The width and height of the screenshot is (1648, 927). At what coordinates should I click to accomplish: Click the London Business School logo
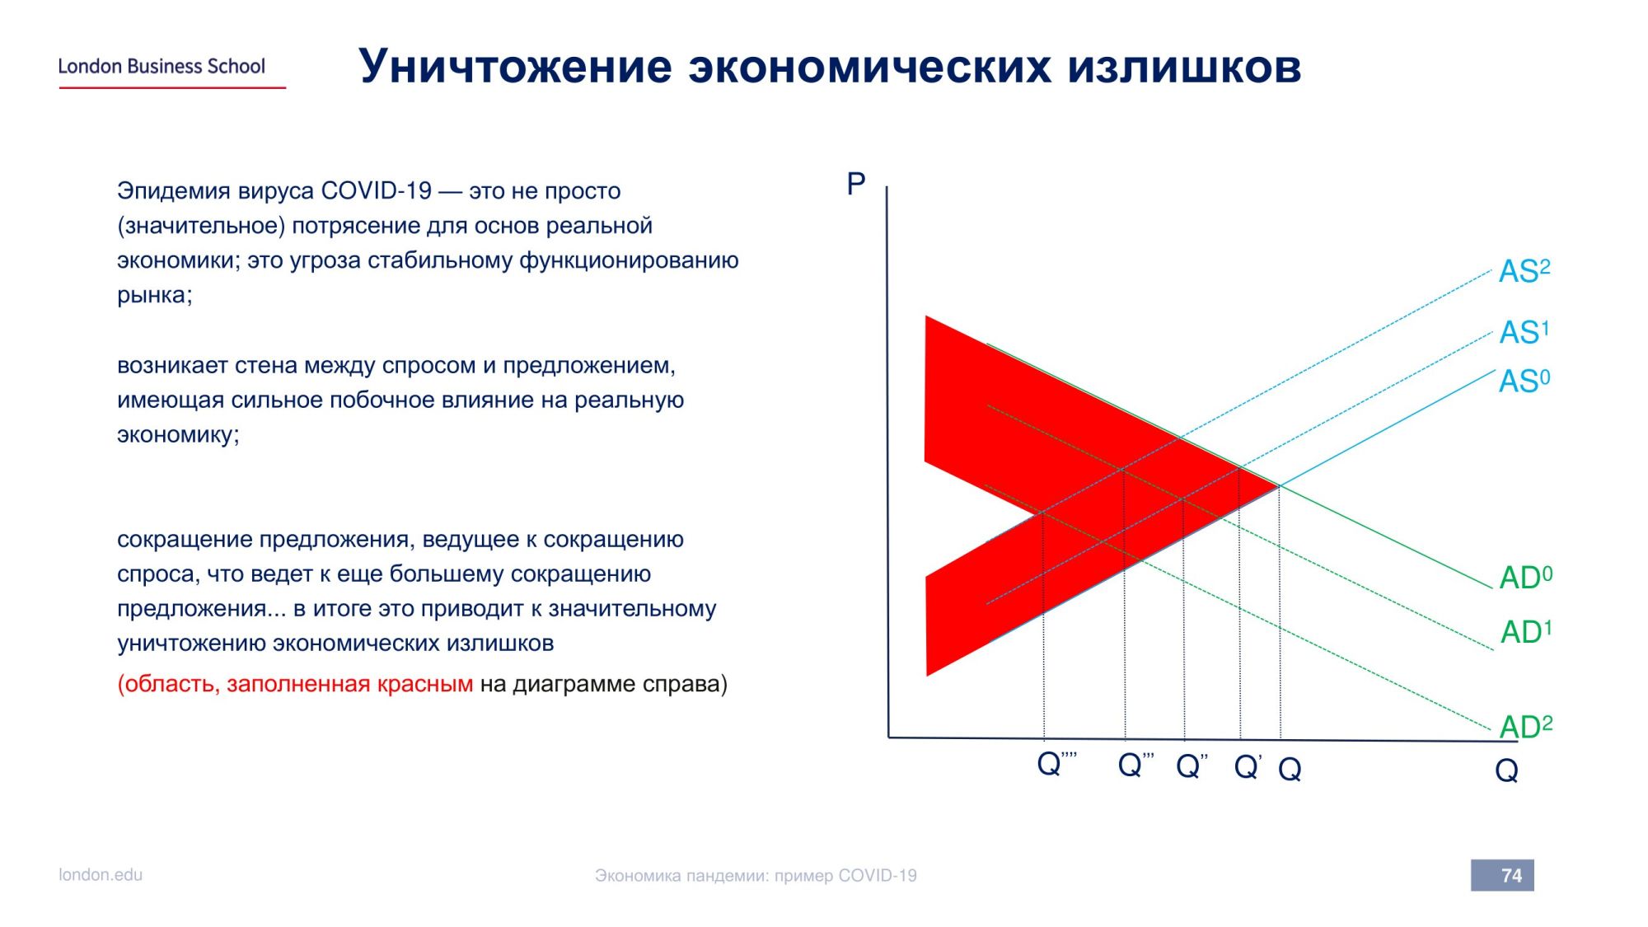coord(171,72)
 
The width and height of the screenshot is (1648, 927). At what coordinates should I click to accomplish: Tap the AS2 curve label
coord(1524,270)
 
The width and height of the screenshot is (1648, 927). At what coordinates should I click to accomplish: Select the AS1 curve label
coord(1524,332)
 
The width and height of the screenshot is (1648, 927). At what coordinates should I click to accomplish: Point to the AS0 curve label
coord(1524,381)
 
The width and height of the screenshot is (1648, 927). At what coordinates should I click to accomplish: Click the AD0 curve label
coord(1525,577)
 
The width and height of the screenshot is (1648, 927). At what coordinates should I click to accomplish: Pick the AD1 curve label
coord(1525,631)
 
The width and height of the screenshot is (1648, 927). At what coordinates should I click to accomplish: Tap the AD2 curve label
coord(1525,726)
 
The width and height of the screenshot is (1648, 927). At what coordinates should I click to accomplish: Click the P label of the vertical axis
coord(856,184)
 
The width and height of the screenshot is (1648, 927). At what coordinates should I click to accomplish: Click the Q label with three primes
coord(1135,764)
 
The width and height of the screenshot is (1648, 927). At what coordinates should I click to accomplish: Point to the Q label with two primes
coord(1192,765)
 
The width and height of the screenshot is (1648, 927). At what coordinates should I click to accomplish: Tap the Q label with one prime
coord(1248,766)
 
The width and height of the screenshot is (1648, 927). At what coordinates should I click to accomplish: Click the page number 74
coord(1511,875)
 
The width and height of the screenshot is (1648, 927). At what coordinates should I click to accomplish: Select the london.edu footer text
coord(101,874)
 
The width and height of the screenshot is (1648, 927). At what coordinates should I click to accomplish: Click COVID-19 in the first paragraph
coord(376,190)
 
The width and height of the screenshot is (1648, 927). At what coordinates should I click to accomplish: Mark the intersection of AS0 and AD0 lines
coord(1279,486)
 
